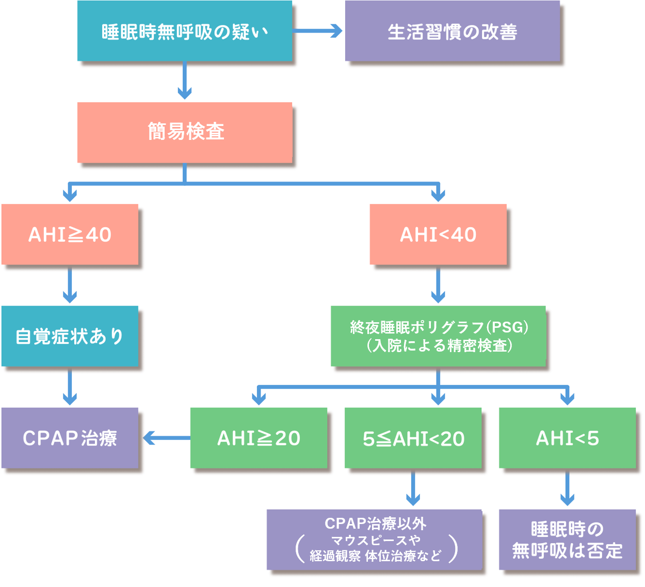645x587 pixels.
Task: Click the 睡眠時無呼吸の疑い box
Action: tap(185, 31)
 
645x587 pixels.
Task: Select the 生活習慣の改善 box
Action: tap(452, 31)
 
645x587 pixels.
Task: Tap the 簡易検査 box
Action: tap(185, 132)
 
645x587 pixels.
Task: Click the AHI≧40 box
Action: tap(70, 234)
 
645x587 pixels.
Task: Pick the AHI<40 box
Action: tap(438, 234)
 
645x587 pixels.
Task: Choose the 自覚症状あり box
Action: tap(70, 336)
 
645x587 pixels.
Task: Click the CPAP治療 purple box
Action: tap(70, 438)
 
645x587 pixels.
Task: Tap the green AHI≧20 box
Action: tap(259, 438)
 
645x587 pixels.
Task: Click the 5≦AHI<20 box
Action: tap(413, 438)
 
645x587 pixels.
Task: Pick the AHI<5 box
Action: tap(567, 438)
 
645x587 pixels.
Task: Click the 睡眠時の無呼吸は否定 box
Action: tap(567, 540)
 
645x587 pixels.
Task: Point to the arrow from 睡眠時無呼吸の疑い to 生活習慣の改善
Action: tap(317, 31)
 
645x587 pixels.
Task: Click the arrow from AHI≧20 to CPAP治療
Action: tap(166, 438)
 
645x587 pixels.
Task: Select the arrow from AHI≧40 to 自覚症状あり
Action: tap(70, 285)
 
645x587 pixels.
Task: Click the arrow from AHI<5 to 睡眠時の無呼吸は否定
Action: tap(567, 488)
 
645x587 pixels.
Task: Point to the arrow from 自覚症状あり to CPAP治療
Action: tap(70, 387)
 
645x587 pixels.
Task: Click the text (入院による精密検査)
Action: tap(439, 345)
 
